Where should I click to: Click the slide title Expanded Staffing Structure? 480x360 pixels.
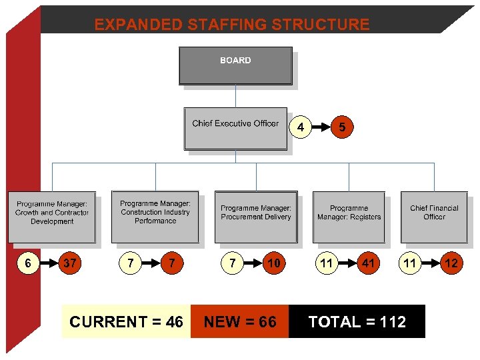coord(231,25)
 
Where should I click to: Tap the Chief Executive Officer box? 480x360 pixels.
coord(235,128)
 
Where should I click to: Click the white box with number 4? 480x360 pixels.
coord(301,127)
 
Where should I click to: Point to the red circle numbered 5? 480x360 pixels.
coord(342,127)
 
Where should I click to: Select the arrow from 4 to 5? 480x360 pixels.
coord(321,127)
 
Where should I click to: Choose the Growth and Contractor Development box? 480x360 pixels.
coord(52,217)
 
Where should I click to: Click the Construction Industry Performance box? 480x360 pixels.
coord(155,217)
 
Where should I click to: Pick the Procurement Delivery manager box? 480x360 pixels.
coord(256,217)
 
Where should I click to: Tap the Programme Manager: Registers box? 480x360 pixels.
coord(349,217)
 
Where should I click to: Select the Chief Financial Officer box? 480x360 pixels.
coord(434,217)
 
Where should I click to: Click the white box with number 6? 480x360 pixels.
coord(28,263)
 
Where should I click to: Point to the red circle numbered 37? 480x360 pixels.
coord(69,263)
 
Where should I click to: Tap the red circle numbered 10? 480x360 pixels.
coord(273,263)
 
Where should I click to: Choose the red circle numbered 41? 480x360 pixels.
coord(368,263)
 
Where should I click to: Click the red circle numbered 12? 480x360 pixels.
coord(451,263)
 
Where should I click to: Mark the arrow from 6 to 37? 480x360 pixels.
coord(48,263)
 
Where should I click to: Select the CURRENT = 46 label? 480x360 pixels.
coord(126,322)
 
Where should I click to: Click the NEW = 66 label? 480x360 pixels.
coord(240,322)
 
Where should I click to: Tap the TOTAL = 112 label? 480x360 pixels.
coord(357,322)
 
